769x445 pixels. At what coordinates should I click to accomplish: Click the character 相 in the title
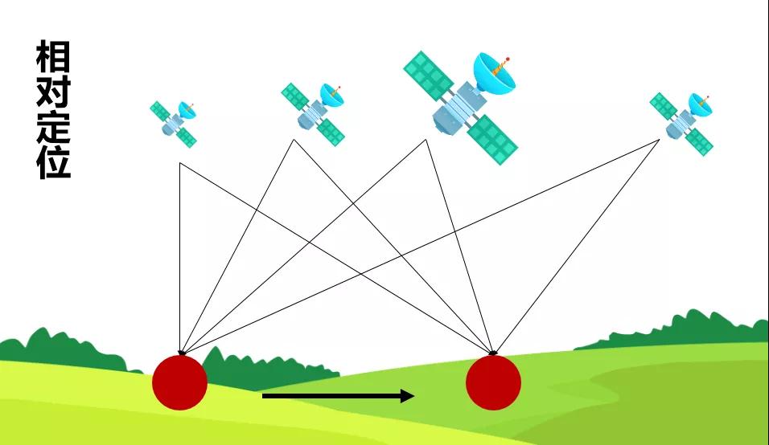(53, 59)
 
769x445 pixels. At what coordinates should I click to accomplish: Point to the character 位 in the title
(53, 163)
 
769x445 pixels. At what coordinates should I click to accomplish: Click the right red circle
(493, 382)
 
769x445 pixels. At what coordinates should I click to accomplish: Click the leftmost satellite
(175, 122)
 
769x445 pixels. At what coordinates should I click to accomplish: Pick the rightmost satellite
(682, 121)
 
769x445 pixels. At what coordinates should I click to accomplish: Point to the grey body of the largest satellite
(455, 111)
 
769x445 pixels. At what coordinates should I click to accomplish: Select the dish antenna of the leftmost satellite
(187, 111)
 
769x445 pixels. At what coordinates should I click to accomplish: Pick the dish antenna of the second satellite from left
(331, 94)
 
